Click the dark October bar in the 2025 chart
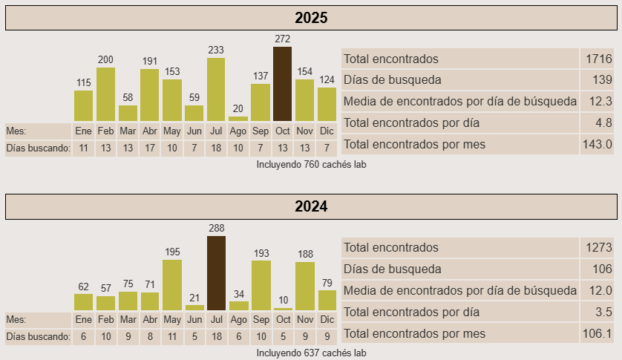[282, 84]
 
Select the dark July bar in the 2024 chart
[216, 273]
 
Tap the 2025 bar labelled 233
[216, 89]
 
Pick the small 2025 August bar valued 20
[238, 118]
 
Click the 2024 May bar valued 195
[172, 285]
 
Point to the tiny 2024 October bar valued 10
[283, 309]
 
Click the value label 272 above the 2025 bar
[282, 39]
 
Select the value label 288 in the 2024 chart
[216, 228]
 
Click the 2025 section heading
[311, 18]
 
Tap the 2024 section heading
[311, 206]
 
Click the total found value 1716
[598, 59]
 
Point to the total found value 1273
[598, 247]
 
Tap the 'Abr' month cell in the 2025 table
[150, 131]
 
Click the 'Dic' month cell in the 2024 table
[327, 319]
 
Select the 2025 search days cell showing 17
[150, 148]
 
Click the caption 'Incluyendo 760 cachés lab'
[311, 164]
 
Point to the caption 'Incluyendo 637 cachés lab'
[311, 353]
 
